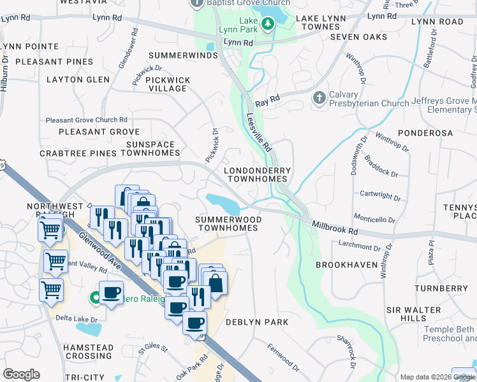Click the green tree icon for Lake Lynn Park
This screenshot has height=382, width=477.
point(269,24)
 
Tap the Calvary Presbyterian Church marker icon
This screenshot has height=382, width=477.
point(319,97)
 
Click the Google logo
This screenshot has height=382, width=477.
point(21,374)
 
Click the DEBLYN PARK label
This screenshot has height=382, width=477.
point(257,322)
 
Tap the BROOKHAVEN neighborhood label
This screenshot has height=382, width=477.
point(344,264)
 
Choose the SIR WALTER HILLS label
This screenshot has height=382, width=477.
point(415,313)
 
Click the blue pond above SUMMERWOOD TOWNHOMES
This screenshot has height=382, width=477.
point(223,204)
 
